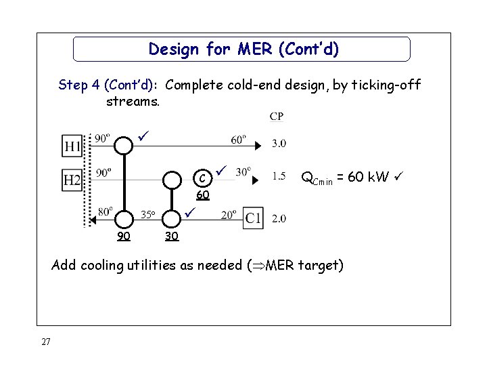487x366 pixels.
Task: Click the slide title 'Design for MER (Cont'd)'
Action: [x=243, y=49]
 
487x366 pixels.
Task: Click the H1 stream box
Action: [x=73, y=145]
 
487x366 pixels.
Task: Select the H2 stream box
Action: [x=73, y=180]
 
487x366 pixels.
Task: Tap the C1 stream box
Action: [x=254, y=218]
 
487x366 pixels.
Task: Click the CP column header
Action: [x=277, y=117]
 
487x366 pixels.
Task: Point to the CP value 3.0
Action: [x=279, y=143]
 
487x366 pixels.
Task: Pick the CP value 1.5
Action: [x=279, y=176]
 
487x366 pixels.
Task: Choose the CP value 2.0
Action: [x=279, y=218]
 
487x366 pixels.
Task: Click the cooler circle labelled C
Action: [x=201, y=180]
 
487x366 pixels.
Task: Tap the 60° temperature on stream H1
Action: [x=238, y=140]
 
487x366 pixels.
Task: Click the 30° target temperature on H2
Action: [x=243, y=171]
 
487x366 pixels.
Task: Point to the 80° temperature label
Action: [x=105, y=211]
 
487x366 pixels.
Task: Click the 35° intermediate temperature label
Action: [x=148, y=216]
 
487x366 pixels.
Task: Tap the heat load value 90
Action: [x=123, y=237]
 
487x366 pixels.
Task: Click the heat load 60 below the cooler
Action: [x=202, y=195]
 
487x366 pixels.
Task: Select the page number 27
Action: [x=45, y=342]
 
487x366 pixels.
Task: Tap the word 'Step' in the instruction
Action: [x=72, y=85]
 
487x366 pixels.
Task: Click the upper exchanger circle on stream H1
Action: [x=123, y=145]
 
